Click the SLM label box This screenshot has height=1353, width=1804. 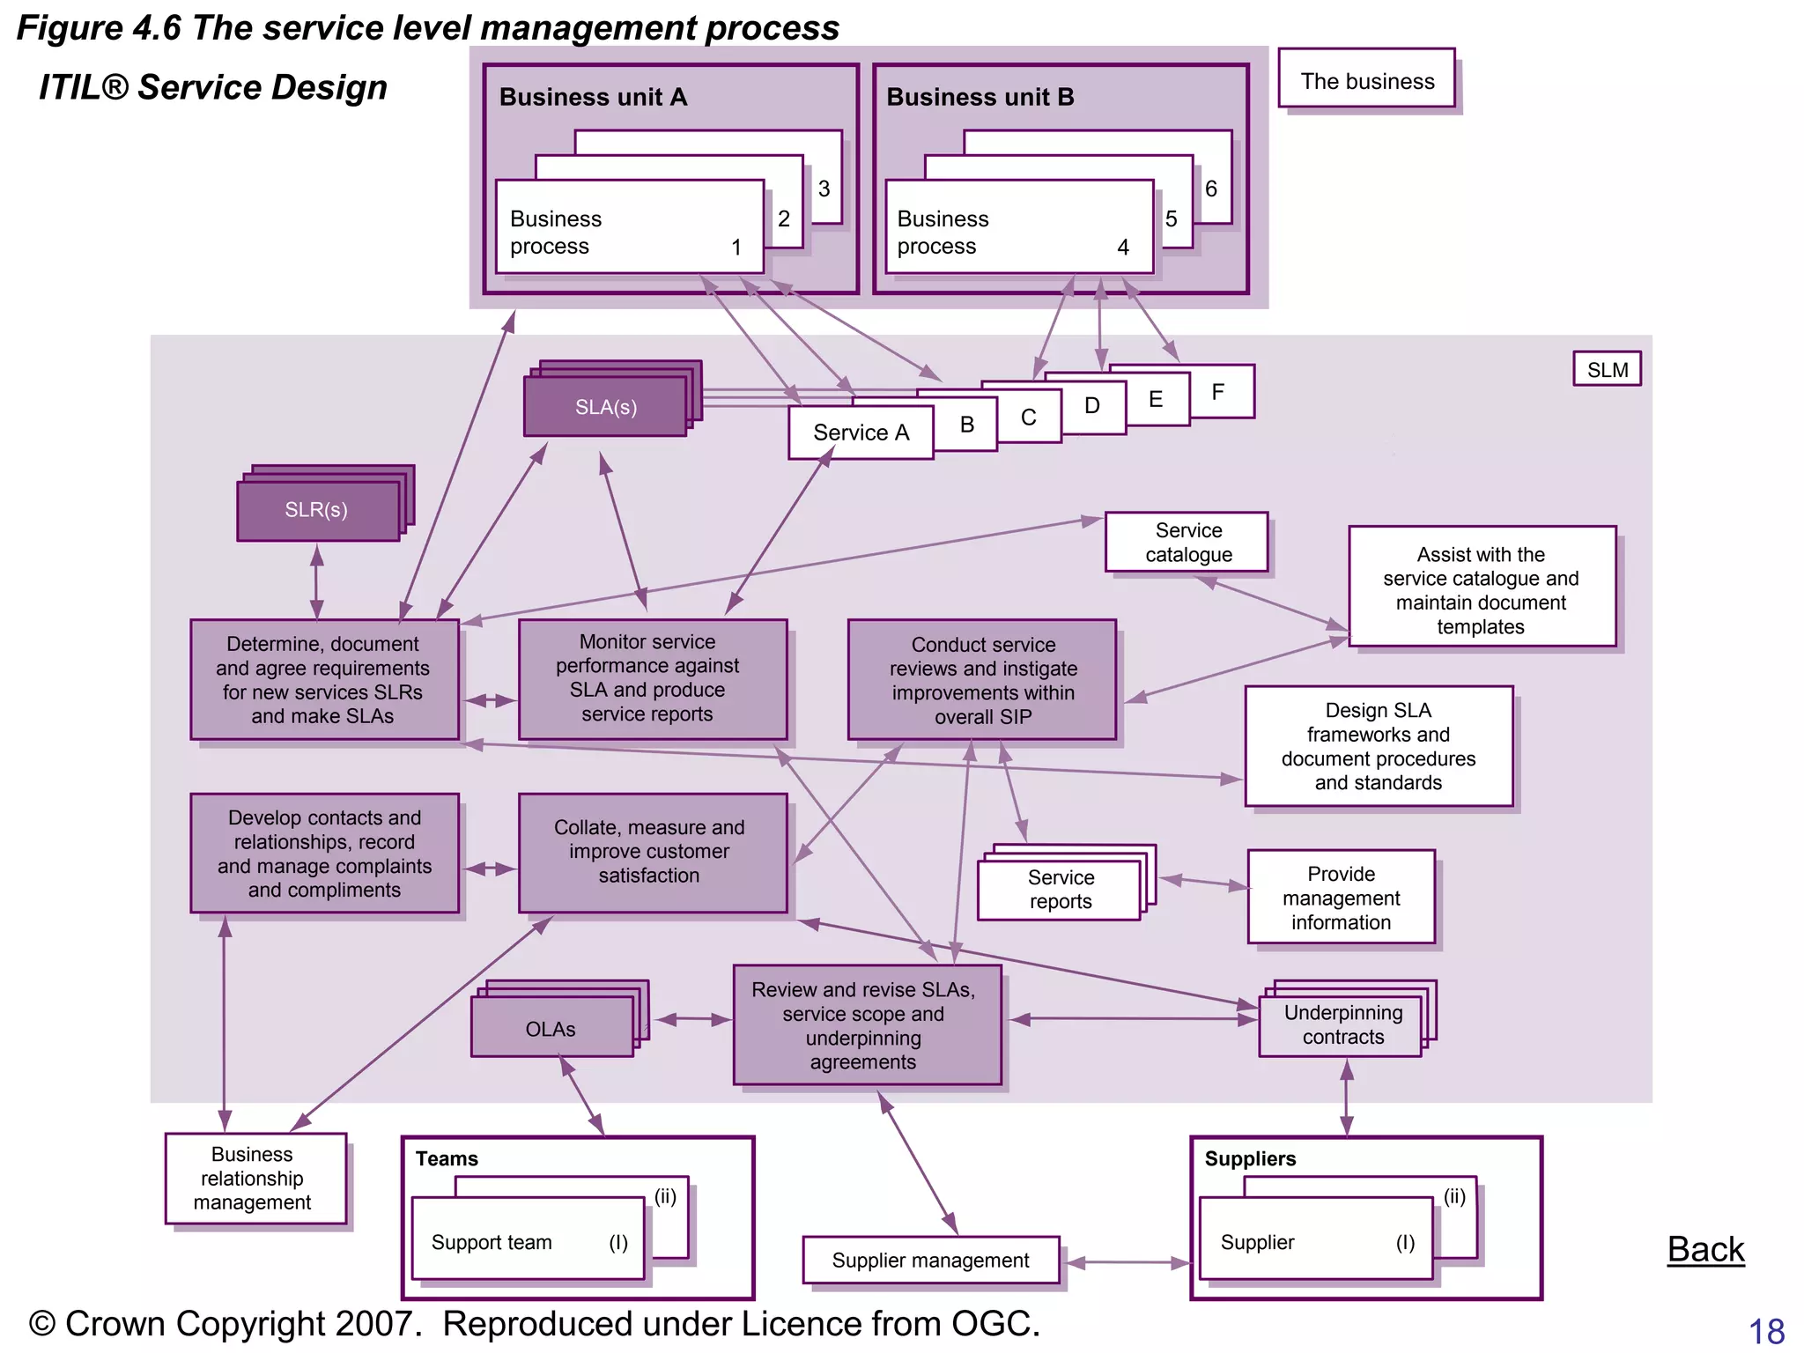click(x=1607, y=369)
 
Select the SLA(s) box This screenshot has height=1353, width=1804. click(x=605, y=407)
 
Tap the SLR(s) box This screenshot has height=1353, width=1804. click(x=316, y=510)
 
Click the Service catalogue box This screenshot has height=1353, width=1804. click(x=1187, y=543)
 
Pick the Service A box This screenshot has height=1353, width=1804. click(x=861, y=433)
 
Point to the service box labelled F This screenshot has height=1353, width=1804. click(x=1219, y=392)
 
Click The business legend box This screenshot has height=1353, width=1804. click(x=1366, y=80)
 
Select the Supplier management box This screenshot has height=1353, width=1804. click(x=930, y=1261)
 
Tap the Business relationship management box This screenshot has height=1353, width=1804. click(x=254, y=1179)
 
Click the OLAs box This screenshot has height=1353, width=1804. click(x=551, y=1029)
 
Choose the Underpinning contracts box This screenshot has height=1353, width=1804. click(x=1341, y=1025)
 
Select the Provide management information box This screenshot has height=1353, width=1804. click(x=1341, y=898)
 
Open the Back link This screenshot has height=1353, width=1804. click(x=1705, y=1249)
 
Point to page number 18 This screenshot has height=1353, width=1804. click(x=1766, y=1331)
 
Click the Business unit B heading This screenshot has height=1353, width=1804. click(x=980, y=97)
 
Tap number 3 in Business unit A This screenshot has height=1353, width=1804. click(x=824, y=189)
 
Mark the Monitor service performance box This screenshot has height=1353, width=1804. click(x=651, y=678)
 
